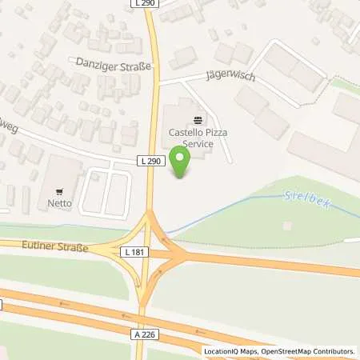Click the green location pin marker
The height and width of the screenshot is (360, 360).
(x=182, y=163)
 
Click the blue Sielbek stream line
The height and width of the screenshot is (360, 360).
(x=240, y=208)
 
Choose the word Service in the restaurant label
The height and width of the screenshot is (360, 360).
(x=197, y=144)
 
